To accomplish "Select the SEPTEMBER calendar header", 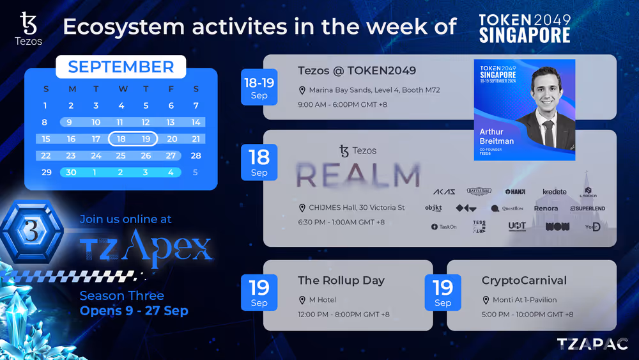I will [121, 67].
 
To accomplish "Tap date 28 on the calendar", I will [196, 155].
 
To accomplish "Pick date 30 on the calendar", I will [71, 172].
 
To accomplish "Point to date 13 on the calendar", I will [171, 122].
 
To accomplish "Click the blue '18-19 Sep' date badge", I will [259, 87].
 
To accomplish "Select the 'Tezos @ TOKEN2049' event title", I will [357, 71].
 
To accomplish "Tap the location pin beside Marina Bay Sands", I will [302, 90].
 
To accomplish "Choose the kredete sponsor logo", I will [554, 192].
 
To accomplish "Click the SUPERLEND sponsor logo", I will [587, 208].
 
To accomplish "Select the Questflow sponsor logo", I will [507, 208].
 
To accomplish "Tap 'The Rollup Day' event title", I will [341, 281].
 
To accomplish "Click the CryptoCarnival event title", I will [524, 281].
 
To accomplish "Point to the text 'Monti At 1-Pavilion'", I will [524, 300].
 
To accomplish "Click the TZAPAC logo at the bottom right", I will [592, 344].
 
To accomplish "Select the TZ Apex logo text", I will [146, 247].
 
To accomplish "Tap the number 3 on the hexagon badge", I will [31, 232].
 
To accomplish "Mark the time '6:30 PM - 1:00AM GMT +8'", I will [341, 222].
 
